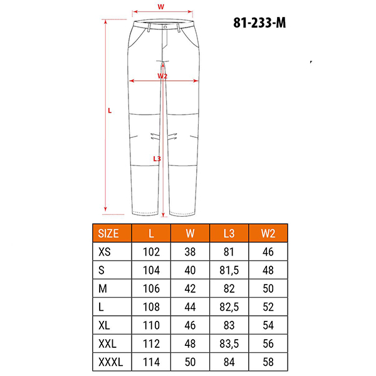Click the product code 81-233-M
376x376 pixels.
[259, 23]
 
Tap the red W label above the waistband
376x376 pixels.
[161, 7]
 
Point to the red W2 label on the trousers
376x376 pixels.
[162, 76]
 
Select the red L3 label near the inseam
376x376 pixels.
[157, 159]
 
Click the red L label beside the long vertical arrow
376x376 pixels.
[110, 110]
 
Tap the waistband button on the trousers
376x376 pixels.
[165, 27]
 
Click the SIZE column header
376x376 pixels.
[108, 233]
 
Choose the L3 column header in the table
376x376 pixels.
[229, 233]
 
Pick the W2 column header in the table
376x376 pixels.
[268, 233]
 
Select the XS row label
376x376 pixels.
[105, 252]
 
